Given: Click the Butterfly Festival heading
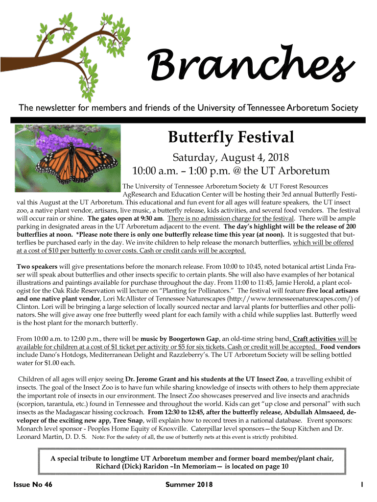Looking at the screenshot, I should click(x=231, y=137).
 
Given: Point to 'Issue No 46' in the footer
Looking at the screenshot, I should click(x=34, y=485).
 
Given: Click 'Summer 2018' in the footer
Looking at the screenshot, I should click(x=189, y=485).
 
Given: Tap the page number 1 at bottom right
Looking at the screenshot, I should click(x=361, y=485).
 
